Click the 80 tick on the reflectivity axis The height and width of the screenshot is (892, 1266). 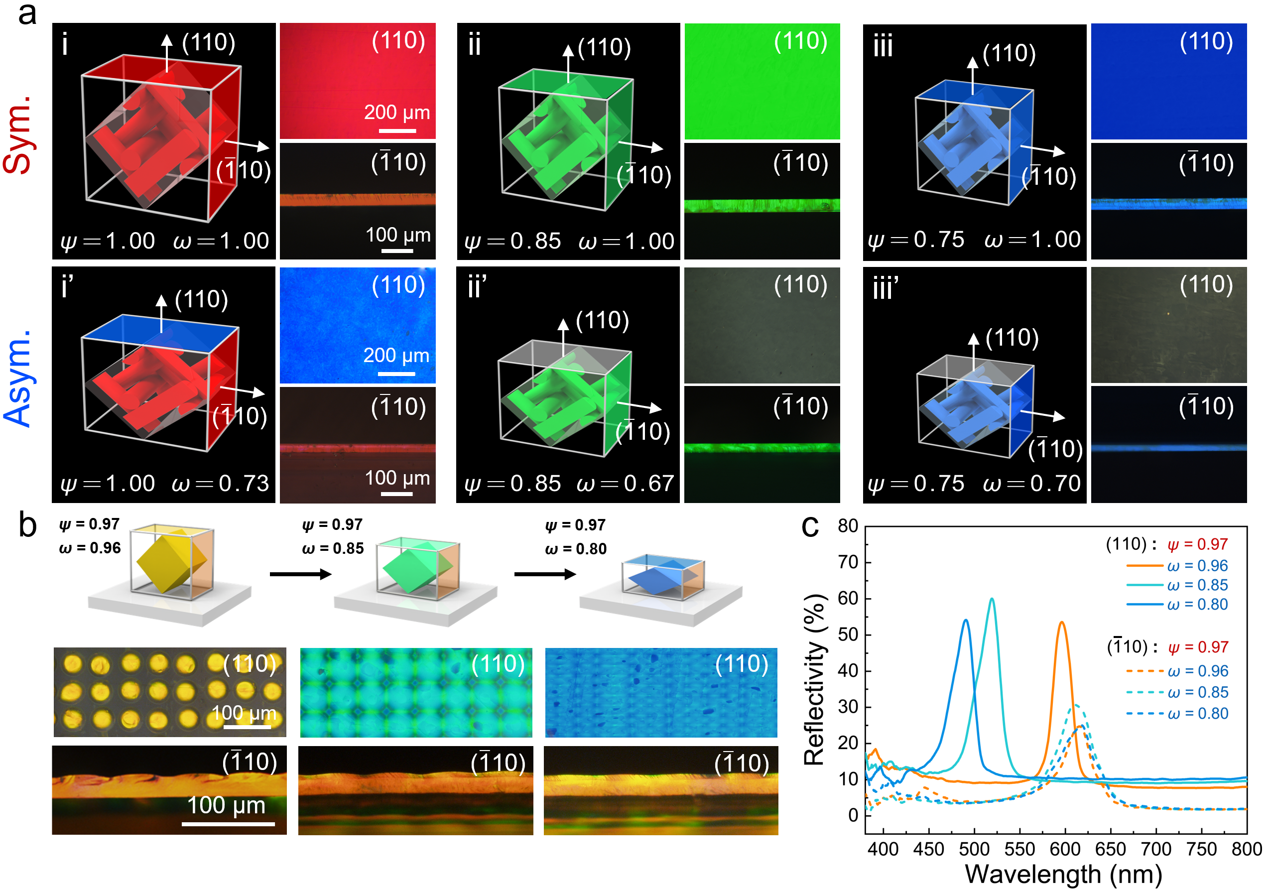(848, 526)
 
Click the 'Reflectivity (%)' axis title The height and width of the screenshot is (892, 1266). (814, 679)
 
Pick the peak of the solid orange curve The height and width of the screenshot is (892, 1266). (1061, 623)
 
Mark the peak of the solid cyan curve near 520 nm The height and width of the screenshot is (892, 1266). (992, 599)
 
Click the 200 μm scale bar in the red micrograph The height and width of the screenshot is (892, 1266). (397, 131)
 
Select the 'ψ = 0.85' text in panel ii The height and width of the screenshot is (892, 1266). (512, 241)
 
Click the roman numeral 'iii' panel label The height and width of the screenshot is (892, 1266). (883, 45)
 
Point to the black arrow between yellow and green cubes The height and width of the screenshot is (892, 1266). (300, 574)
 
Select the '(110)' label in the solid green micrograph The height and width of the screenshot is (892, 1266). (801, 41)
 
